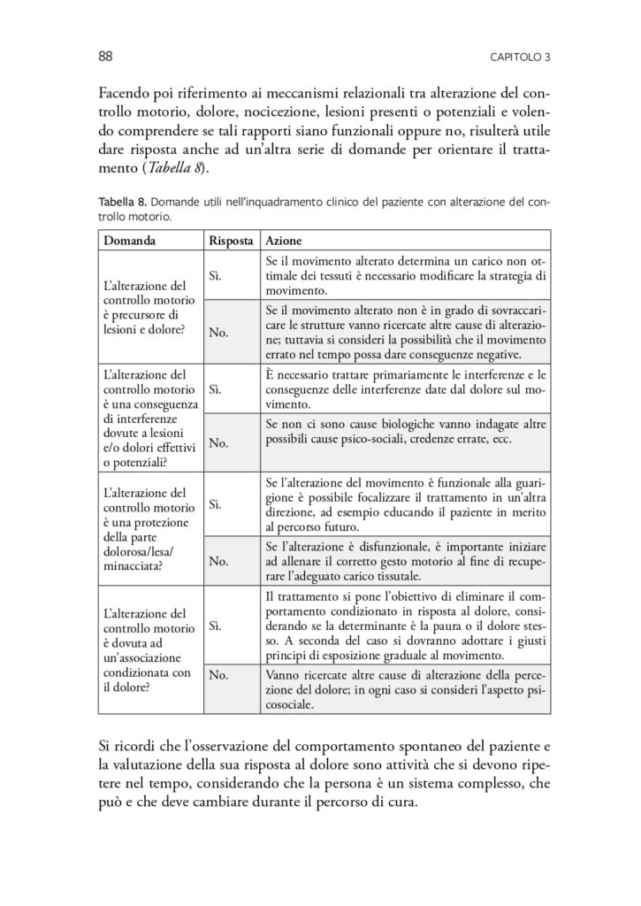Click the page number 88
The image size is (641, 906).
point(103,58)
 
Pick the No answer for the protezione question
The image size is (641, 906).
point(217,561)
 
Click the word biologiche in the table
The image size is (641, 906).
point(389,426)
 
